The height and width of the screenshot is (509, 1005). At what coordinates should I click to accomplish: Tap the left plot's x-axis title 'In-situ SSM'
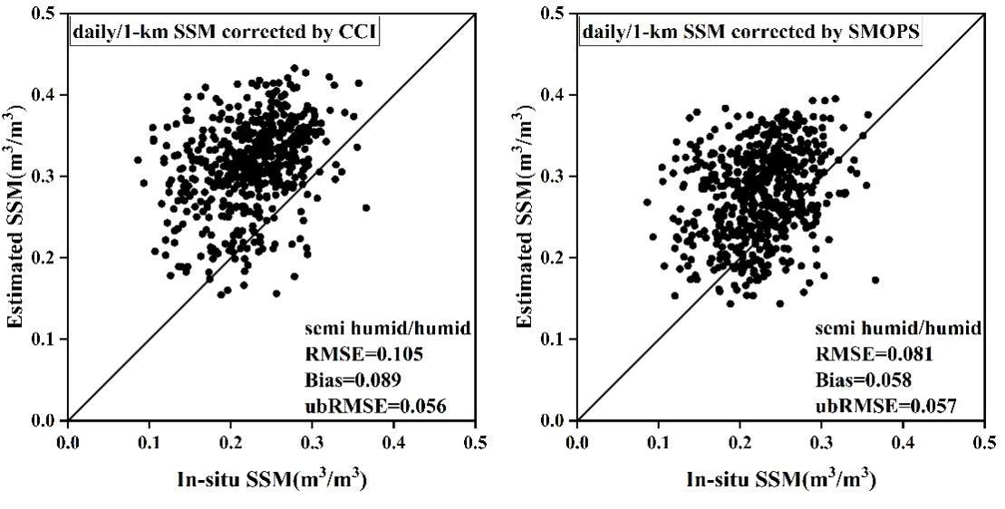coord(272,479)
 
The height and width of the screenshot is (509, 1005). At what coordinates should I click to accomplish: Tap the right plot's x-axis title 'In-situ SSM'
coord(781,479)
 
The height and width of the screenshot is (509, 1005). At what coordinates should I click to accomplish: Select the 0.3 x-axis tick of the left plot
coord(313,441)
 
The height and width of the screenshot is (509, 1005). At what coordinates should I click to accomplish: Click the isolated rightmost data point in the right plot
coord(875,280)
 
